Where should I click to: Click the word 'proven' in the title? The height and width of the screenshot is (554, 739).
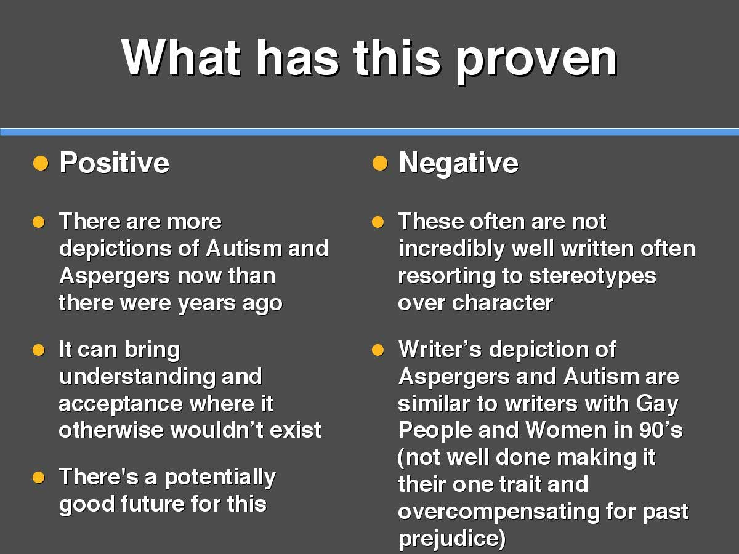click(536, 60)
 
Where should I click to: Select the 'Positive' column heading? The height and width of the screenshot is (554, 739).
click(114, 163)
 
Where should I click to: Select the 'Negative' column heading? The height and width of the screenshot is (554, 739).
click(458, 164)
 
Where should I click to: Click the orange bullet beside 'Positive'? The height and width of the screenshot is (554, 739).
click(41, 164)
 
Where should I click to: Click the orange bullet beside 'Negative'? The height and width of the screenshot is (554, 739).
click(380, 164)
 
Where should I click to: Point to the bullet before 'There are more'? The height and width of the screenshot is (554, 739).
click(39, 222)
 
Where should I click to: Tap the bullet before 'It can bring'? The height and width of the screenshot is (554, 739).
click(39, 350)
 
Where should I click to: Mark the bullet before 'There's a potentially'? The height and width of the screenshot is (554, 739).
click(39, 477)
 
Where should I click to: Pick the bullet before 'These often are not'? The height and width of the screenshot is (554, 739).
click(378, 222)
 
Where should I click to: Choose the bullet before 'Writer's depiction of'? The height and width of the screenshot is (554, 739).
click(378, 350)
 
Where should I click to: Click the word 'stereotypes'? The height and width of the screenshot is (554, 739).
click(592, 277)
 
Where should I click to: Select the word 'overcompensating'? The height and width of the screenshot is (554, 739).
click(499, 512)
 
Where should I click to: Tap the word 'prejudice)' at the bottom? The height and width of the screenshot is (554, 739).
click(452, 539)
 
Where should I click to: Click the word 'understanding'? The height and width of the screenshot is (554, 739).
click(137, 376)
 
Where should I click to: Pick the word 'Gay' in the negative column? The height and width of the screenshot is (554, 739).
click(657, 404)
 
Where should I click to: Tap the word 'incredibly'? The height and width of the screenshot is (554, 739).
click(451, 249)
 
